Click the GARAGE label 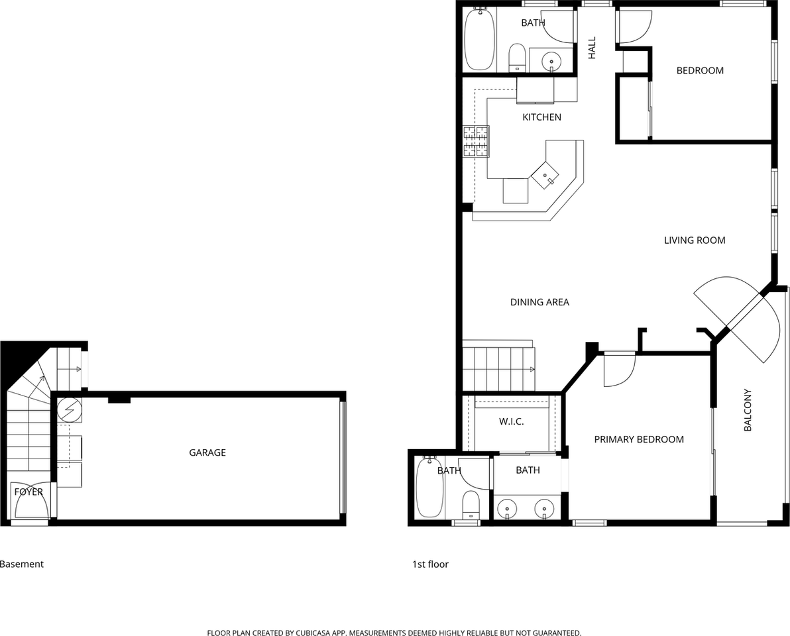[x=207, y=452]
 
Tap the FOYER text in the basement [x=28, y=492]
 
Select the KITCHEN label [x=541, y=117]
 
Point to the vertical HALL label [x=592, y=48]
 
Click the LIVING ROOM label [x=695, y=240]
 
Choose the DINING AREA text [x=539, y=302]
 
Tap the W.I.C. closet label [x=511, y=421]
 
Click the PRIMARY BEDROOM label [x=638, y=439]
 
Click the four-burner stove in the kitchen [x=475, y=140]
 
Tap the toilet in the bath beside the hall [x=517, y=58]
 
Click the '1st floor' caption [x=430, y=564]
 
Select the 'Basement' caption [x=22, y=564]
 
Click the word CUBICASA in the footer [x=310, y=633]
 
